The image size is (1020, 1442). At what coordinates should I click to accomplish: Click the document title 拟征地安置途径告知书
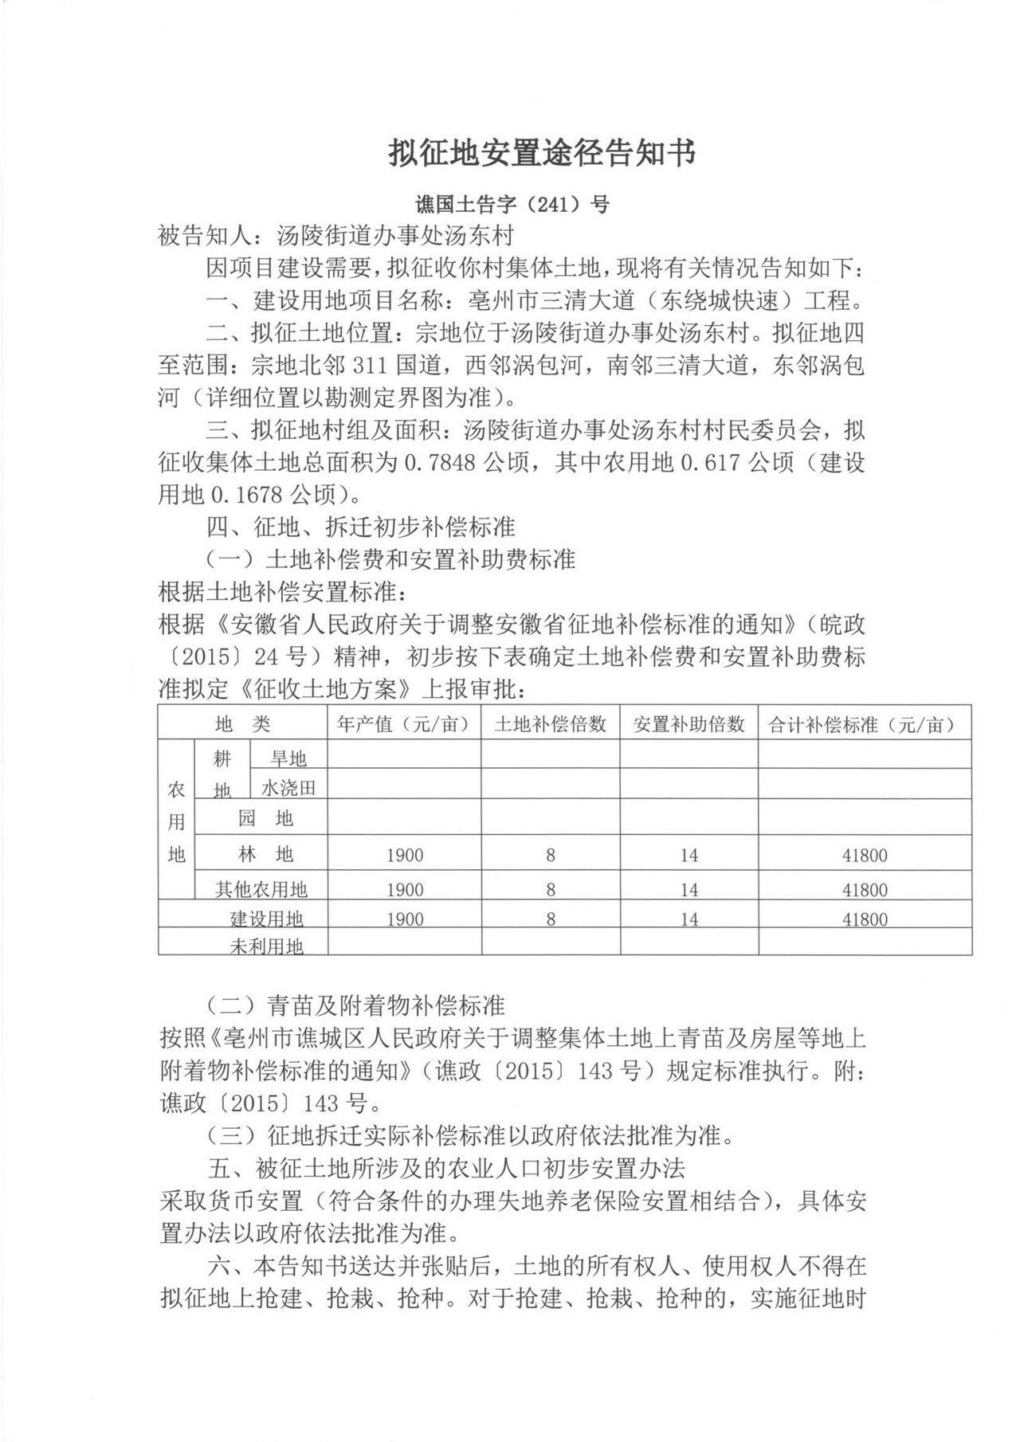pos(542,153)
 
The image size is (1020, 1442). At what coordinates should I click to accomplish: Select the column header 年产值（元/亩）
pos(403,723)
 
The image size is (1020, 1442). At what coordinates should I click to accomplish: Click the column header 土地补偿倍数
pos(550,723)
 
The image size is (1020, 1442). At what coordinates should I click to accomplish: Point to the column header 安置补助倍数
pos(688,723)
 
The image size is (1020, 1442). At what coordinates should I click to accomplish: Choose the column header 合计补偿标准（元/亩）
pos(865,723)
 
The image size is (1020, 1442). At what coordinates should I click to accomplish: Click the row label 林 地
pos(266,855)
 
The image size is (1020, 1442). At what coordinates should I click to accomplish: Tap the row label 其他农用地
pos(261,888)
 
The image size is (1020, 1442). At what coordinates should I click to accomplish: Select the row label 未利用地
pos(266,946)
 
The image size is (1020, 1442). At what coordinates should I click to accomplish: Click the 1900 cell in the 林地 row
pos(405,856)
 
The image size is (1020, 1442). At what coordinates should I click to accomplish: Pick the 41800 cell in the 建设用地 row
pos(865,919)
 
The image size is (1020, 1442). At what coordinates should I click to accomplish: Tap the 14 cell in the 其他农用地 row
pos(688,889)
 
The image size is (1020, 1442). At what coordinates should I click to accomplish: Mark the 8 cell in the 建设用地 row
pos(550,919)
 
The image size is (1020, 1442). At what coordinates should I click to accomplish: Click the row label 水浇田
pos(288,788)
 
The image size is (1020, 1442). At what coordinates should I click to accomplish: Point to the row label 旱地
pos(288,758)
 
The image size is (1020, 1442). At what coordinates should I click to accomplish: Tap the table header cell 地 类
pos(243,723)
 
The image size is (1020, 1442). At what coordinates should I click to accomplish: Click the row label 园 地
pos(266,818)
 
